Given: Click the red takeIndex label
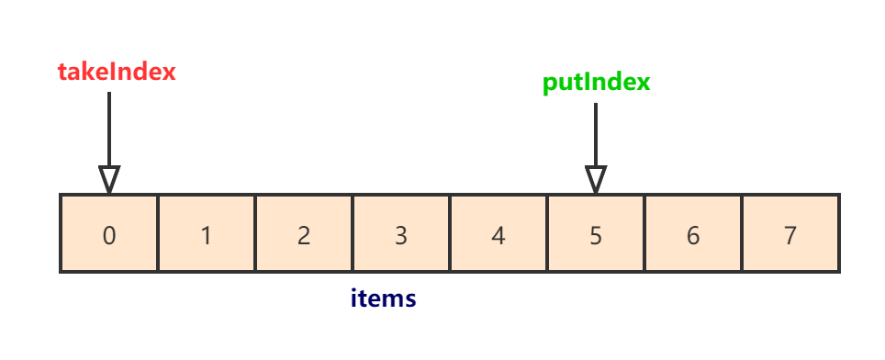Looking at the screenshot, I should [116, 72].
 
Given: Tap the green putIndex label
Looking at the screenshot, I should [596, 82].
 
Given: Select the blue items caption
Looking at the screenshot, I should [384, 298].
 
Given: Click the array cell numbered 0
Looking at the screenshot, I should [109, 233].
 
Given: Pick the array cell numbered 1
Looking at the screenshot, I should [207, 233].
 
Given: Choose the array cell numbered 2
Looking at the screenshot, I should [304, 233].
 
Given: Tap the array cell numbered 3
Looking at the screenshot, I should [401, 233].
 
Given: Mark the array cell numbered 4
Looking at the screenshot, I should [499, 233].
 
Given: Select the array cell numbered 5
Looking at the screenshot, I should [596, 233].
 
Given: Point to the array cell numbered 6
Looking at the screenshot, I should [693, 233].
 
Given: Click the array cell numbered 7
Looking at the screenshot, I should [790, 233].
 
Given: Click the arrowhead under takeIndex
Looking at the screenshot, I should [109, 179].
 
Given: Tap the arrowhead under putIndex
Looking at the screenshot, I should [596, 179].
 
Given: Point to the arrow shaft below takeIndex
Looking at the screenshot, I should [109, 129].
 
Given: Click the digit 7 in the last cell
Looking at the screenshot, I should [790, 235].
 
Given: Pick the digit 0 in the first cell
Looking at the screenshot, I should [109, 235].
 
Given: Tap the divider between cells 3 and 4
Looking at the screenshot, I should [450, 233].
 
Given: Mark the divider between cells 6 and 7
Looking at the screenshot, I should [742, 233].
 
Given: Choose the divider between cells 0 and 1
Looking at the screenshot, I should [158, 233].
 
